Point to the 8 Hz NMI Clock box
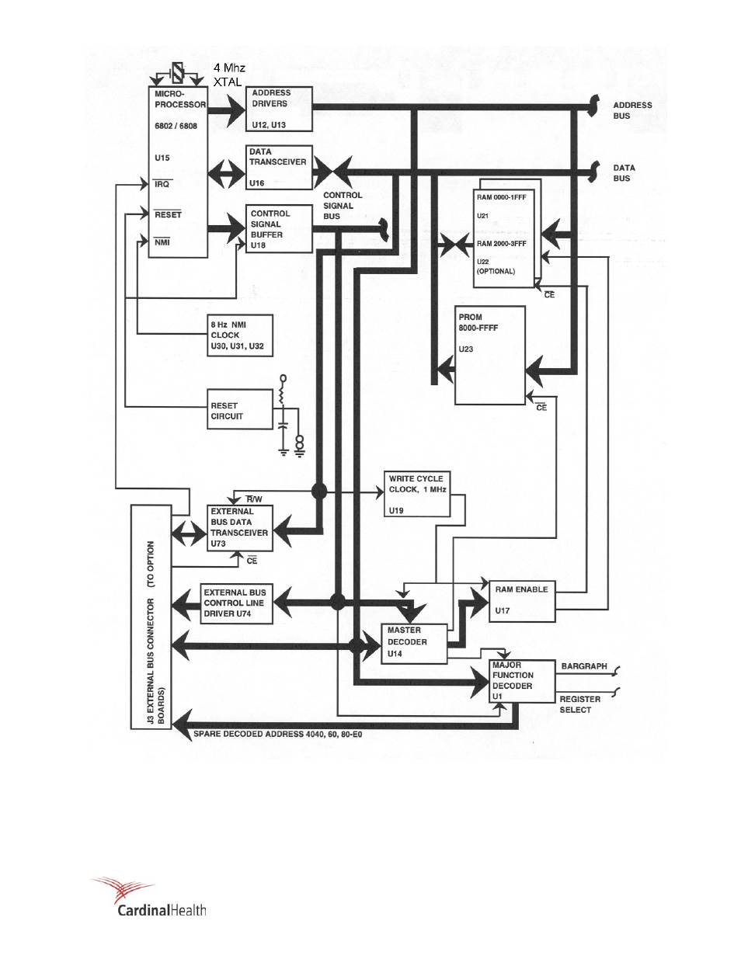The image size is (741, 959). (240, 335)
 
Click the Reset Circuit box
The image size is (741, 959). (240, 410)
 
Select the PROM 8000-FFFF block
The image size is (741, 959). (490, 355)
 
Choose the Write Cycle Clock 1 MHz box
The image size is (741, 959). (417, 494)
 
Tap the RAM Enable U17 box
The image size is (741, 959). (521, 599)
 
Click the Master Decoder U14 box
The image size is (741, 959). (414, 642)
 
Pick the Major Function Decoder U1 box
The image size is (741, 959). (522, 681)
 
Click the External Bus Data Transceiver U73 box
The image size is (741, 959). (240, 528)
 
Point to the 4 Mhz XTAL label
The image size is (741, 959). (229, 75)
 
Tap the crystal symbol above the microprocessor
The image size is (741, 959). (178, 74)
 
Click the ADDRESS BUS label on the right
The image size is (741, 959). (632, 110)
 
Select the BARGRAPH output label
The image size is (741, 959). (584, 666)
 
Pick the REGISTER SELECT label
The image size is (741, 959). (579, 704)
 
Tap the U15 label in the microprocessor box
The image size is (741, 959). (162, 158)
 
